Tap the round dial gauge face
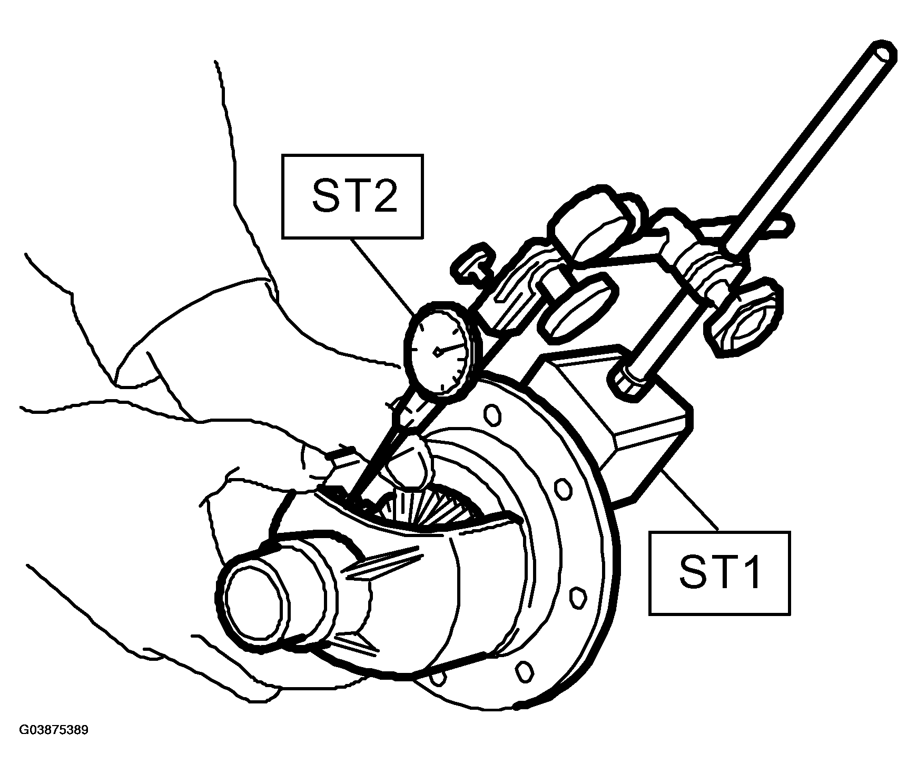point(437,348)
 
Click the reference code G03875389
point(54,730)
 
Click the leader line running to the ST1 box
point(688,501)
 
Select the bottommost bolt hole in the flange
point(523,672)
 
